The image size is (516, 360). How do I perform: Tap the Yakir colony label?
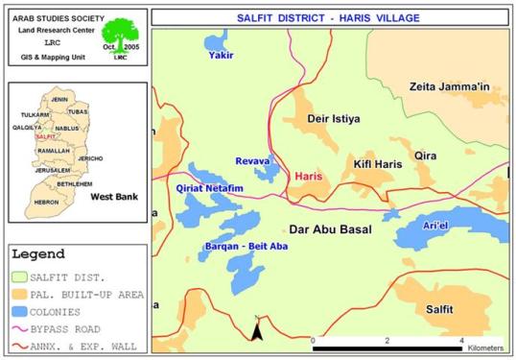click(x=221, y=56)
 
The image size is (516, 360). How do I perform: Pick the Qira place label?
click(x=426, y=154)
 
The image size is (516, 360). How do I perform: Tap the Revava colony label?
click(x=253, y=161)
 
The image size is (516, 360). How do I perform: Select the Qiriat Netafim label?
click(x=210, y=188)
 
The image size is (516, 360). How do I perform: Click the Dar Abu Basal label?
click(x=330, y=230)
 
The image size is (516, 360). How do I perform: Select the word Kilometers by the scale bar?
click(x=483, y=350)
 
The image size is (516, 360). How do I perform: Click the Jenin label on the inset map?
click(x=59, y=100)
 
